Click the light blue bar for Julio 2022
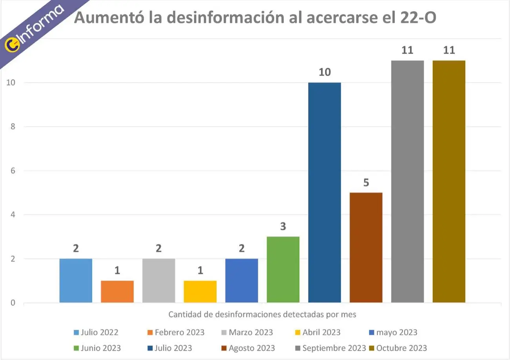tap(76, 280)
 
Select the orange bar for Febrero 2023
tap(117, 291)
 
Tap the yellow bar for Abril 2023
tap(200, 291)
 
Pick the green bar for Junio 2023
tap(283, 269)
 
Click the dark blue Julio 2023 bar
tap(324, 192)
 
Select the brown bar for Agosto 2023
tap(366, 247)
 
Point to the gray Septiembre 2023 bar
tap(407, 181)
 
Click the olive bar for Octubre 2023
tap(449, 181)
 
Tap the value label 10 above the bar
tap(324, 73)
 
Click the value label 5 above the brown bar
tap(366, 183)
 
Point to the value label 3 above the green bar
tap(283, 227)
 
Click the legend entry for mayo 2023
tap(393, 333)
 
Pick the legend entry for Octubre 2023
tap(398, 348)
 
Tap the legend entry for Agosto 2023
tap(248, 348)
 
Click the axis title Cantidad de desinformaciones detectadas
tap(262, 315)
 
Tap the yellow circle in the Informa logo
tap(11, 45)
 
